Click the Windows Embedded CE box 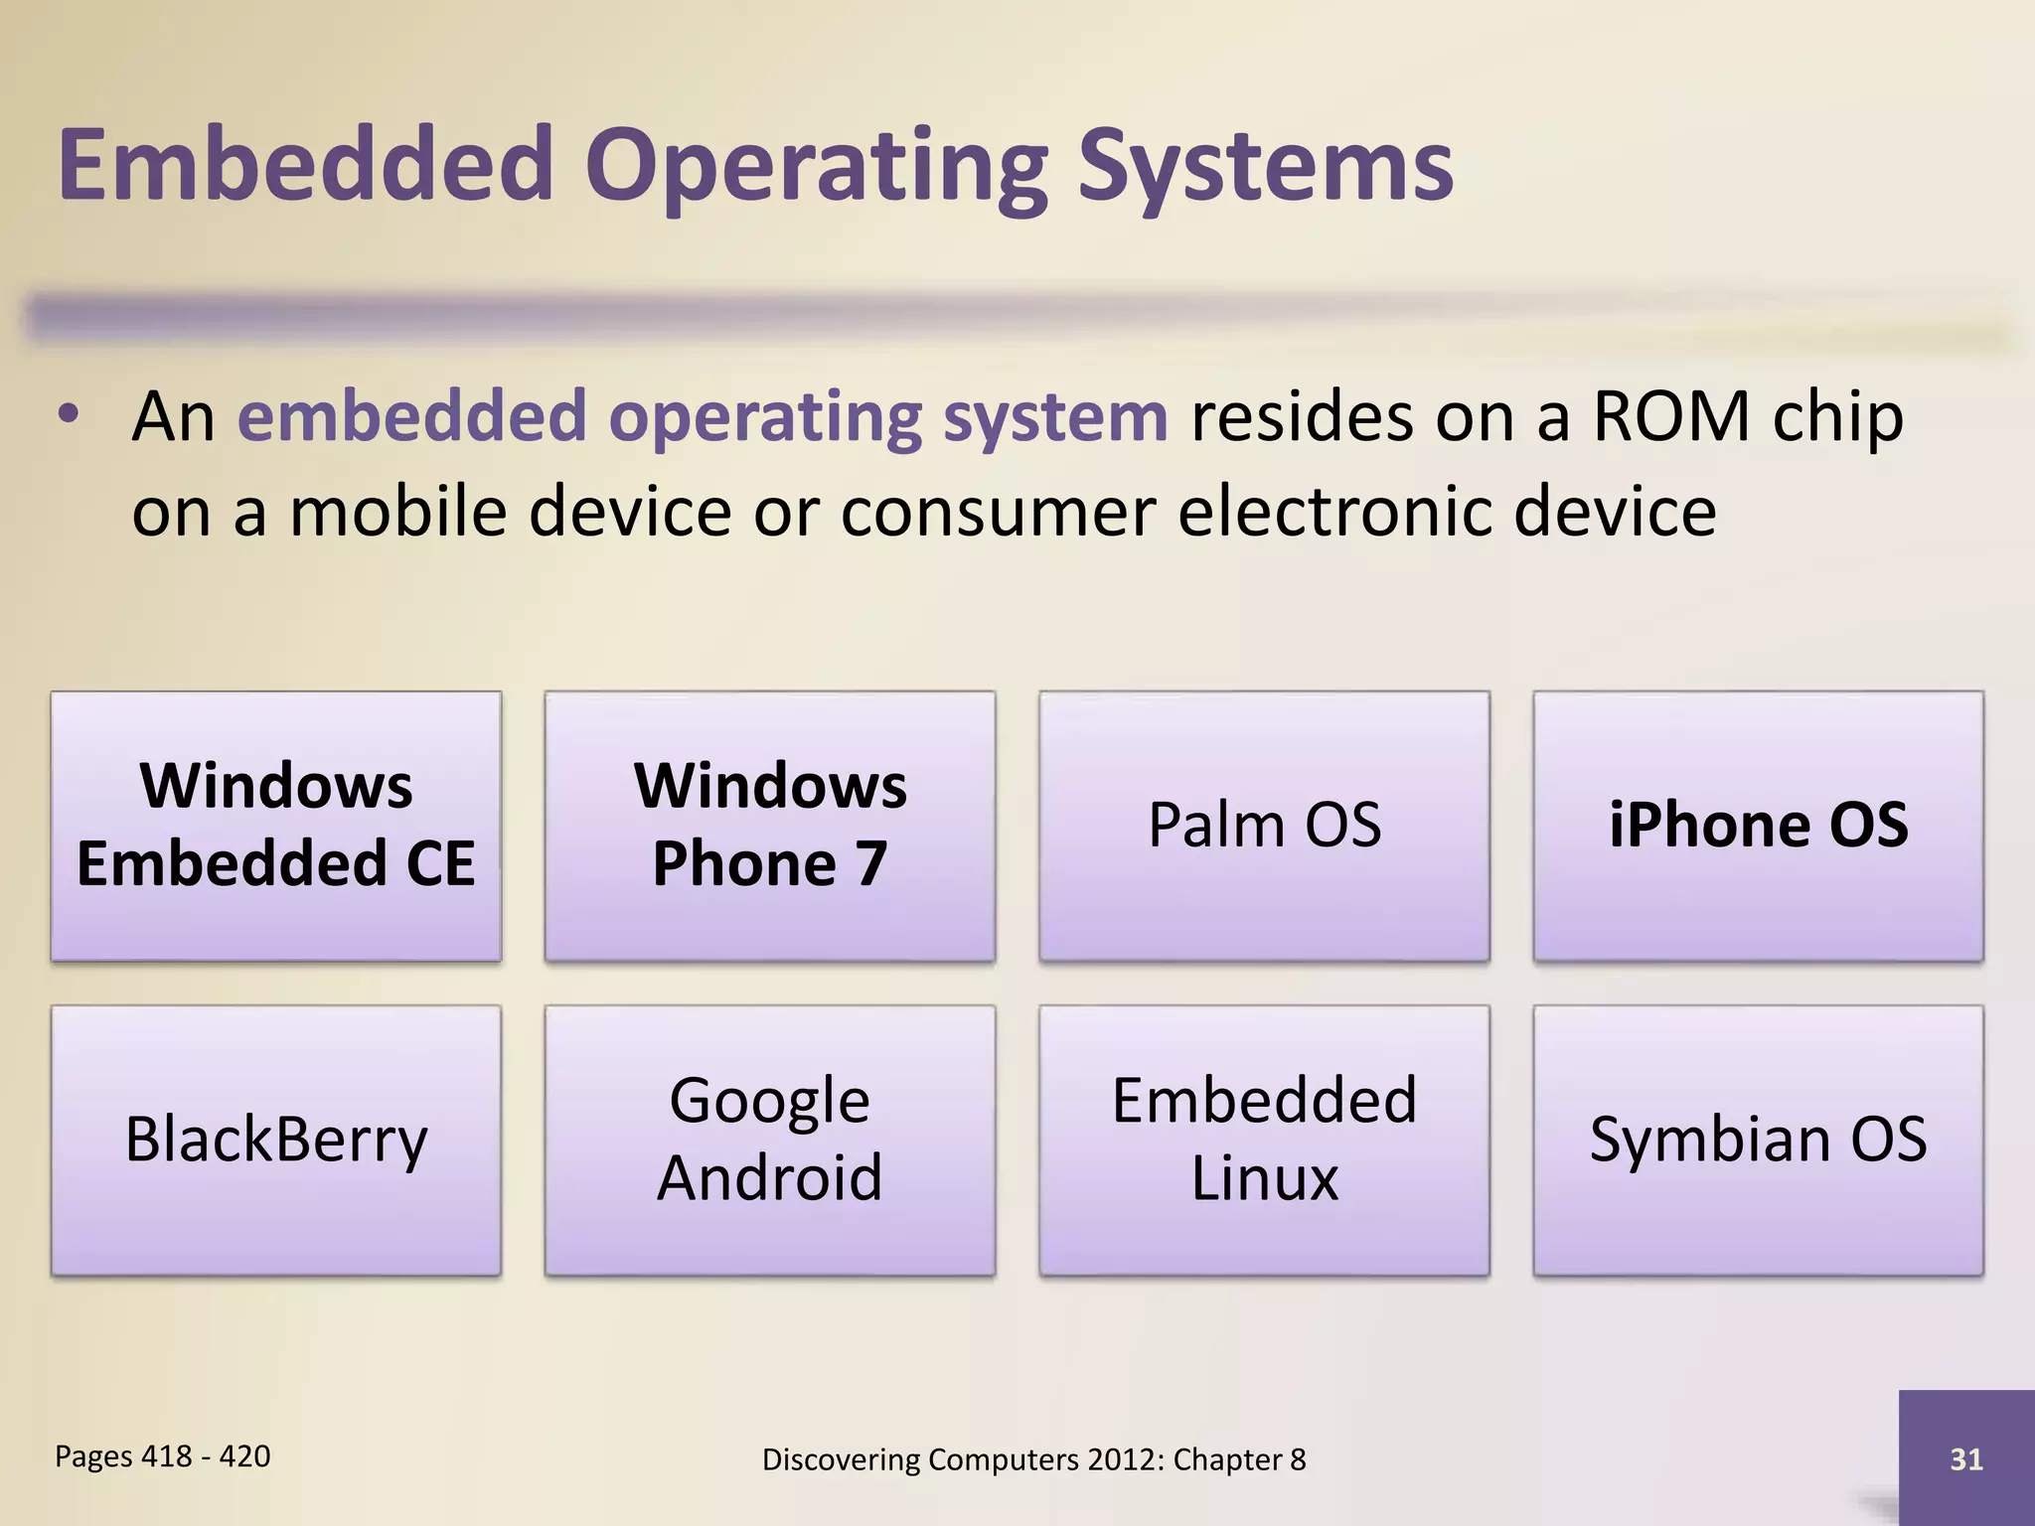tap(276, 826)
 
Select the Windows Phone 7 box tap(770, 826)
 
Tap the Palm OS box tap(1264, 826)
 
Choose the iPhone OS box tap(1758, 826)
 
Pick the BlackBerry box tap(276, 1140)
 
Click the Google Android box tap(770, 1140)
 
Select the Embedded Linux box tap(1264, 1140)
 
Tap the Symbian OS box tap(1758, 1140)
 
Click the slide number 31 tap(1966, 1458)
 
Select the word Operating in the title tap(815, 167)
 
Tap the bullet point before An tap(68, 415)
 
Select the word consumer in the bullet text tap(998, 513)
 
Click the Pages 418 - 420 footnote tap(162, 1456)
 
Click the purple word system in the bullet tap(1055, 417)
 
